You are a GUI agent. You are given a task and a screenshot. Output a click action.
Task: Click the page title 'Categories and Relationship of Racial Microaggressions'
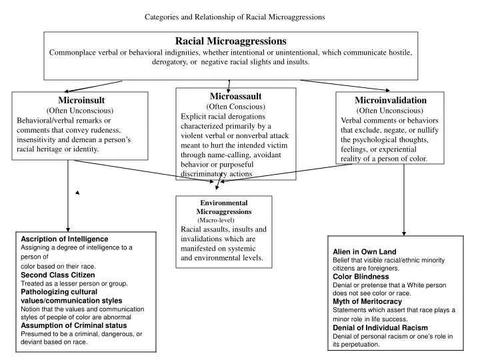235,17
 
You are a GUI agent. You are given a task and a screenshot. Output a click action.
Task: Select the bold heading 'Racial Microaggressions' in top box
231,41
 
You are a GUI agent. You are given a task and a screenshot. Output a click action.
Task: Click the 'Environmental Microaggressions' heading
224,207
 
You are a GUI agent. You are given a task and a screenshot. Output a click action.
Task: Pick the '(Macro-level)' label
216,219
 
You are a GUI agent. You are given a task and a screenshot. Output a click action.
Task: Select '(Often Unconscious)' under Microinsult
80,110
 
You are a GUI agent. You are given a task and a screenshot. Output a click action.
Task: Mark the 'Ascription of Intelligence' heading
65,239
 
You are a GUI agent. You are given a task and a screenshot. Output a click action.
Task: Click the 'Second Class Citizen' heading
58,275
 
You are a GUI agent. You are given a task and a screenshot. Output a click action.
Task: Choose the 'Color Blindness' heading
361,276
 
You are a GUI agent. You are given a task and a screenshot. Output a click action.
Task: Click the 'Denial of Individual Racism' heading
379,327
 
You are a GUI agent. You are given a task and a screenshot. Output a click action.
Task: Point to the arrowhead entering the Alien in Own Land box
404,233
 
